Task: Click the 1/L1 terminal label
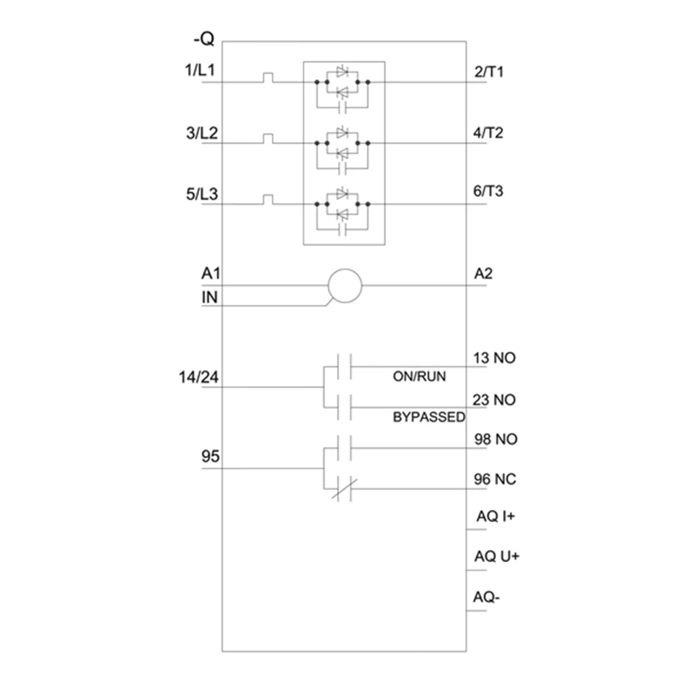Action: pyautogui.click(x=200, y=70)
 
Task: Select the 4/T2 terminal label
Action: pyautogui.click(x=488, y=132)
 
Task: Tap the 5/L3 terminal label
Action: pyautogui.click(x=202, y=193)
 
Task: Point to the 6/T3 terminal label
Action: pyautogui.click(x=488, y=191)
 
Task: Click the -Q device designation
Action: pyautogui.click(x=204, y=39)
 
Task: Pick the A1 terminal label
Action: pyautogui.click(x=211, y=274)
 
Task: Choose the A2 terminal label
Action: pyautogui.click(x=483, y=274)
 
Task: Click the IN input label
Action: pyautogui.click(x=209, y=297)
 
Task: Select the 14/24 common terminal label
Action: pyautogui.click(x=198, y=377)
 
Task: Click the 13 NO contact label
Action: pyautogui.click(x=495, y=358)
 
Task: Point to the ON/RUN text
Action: pyautogui.click(x=419, y=376)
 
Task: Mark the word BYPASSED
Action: pyautogui.click(x=429, y=416)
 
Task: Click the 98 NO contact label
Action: pyautogui.click(x=496, y=439)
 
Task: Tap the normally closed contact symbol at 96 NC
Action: pyautogui.click(x=344, y=489)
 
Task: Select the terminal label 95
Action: pyautogui.click(x=211, y=456)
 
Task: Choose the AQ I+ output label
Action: pyautogui.click(x=495, y=516)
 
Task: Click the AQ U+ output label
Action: pyautogui.click(x=497, y=556)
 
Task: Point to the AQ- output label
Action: pyautogui.click(x=486, y=597)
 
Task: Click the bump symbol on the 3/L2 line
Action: pyautogui.click(x=267, y=139)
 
